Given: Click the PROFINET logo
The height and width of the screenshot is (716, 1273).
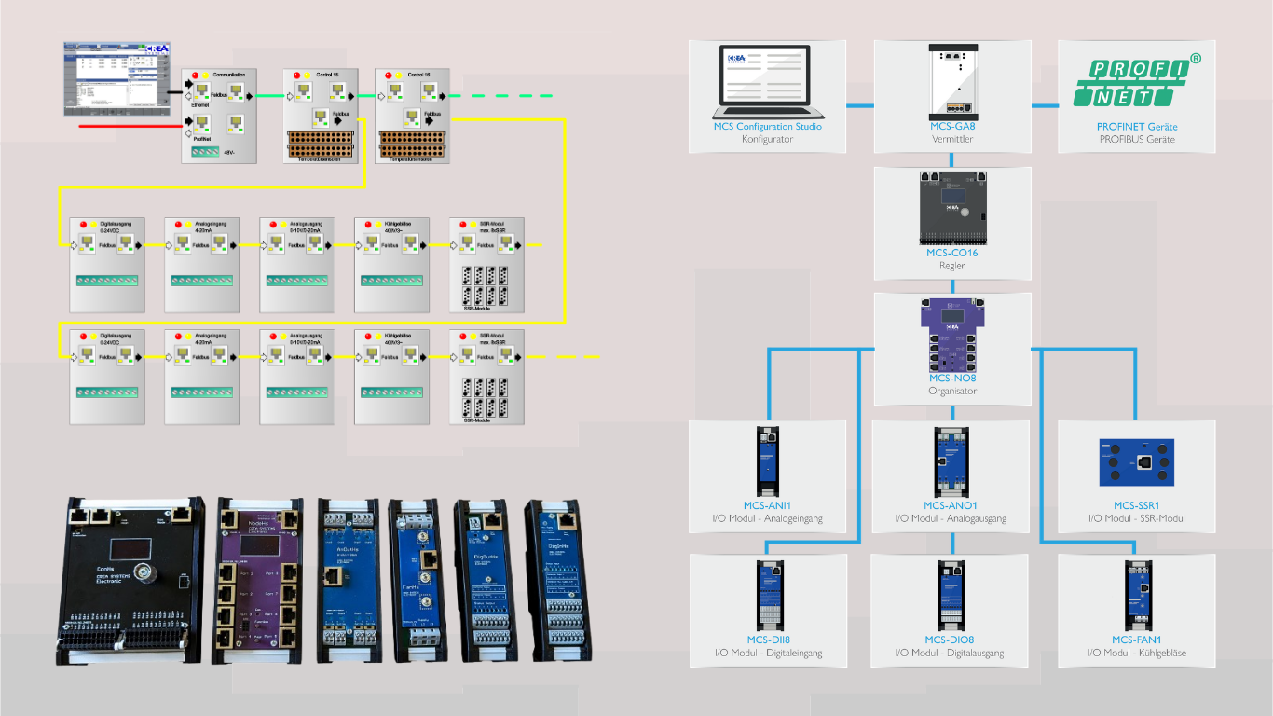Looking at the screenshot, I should [x=1137, y=82].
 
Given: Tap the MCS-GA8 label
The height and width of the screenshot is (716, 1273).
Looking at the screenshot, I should [x=952, y=127].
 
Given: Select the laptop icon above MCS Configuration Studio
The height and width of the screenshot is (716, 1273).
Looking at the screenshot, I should [x=767, y=80].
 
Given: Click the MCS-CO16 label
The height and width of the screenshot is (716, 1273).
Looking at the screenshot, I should [x=952, y=253].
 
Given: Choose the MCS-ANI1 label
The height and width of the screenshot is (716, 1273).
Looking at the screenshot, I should [x=767, y=505].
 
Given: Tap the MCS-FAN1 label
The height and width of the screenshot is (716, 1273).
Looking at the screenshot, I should [x=1136, y=640].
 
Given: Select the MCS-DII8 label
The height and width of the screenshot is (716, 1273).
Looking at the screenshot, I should [x=768, y=640].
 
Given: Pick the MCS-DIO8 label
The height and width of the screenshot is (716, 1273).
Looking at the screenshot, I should [x=950, y=640].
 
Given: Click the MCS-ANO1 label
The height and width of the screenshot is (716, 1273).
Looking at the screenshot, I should [x=950, y=505].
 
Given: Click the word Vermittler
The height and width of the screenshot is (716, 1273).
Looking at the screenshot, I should [x=952, y=140].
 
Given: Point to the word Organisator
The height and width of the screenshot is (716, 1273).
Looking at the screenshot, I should [x=952, y=392].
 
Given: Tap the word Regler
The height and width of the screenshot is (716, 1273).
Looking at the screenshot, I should [x=952, y=266].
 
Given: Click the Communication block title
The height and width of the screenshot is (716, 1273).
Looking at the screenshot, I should [x=229, y=74].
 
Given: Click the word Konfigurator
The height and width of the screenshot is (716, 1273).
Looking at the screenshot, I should [x=767, y=140].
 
